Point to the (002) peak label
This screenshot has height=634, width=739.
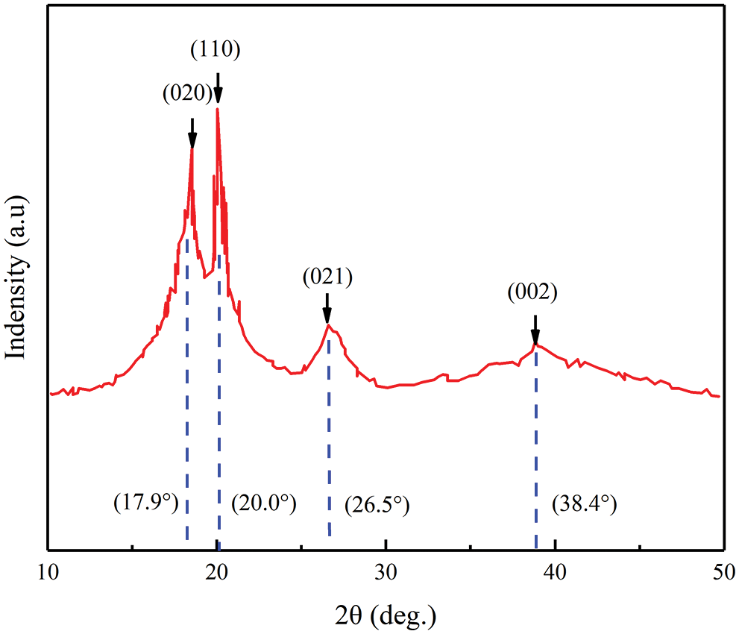(x=533, y=292)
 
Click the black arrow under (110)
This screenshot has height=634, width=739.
(x=218, y=89)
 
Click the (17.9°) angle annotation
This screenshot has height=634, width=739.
(x=146, y=503)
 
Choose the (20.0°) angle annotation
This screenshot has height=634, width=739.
(x=264, y=503)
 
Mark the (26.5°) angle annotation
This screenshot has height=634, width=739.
(x=377, y=506)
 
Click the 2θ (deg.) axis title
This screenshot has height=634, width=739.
(x=386, y=616)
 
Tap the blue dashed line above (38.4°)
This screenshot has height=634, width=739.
(x=536, y=448)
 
